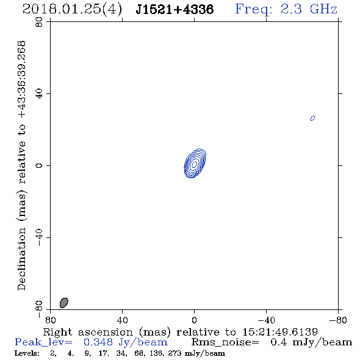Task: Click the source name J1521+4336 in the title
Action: [x=175, y=10]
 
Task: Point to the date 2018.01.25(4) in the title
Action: [x=72, y=10]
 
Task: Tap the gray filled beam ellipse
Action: [x=64, y=303]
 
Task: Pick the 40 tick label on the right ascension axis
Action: [x=122, y=320]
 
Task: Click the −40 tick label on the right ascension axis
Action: [x=266, y=320]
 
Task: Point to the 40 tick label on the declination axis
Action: [x=39, y=94]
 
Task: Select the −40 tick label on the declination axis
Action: [x=39, y=237]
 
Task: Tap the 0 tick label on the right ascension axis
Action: [x=194, y=320]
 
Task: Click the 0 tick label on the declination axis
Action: [x=39, y=165]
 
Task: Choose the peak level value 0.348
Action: [x=98, y=342]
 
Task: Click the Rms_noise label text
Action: [x=225, y=342]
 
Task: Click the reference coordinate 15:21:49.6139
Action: [x=280, y=332]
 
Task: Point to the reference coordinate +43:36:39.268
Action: [x=21, y=79]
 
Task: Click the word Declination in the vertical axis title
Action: [x=21, y=259]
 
